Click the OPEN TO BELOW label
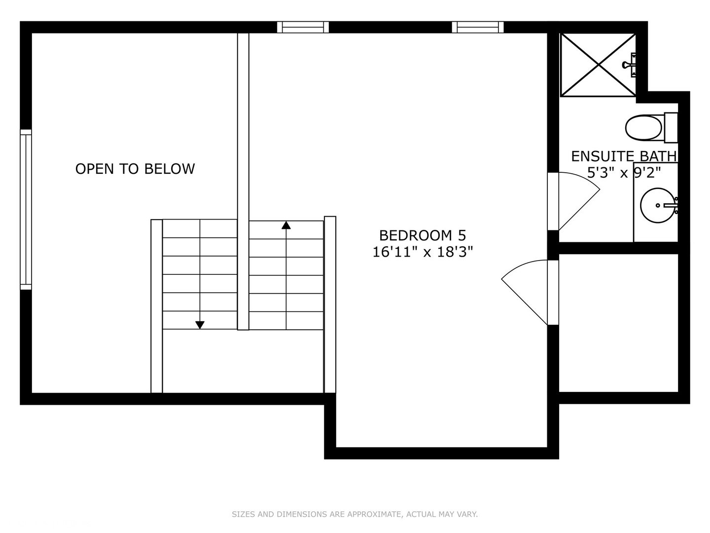tap(135, 169)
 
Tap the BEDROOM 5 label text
tap(423, 235)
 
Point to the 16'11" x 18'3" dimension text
tap(423, 252)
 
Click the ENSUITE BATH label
tap(624, 156)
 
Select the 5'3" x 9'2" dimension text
tap(624, 173)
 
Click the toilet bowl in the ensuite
tap(644, 128)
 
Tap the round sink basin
tap(658, 205)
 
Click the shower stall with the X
tap(598, 65)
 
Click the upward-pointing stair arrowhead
tap(286, 225)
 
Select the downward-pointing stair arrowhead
tap(200, 325)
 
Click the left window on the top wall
tap(303, 27)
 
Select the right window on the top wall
tap(478, 27)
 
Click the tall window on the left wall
tap(26, 210)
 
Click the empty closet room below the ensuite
tap(618, 323)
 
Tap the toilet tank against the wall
tap(671, 128)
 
